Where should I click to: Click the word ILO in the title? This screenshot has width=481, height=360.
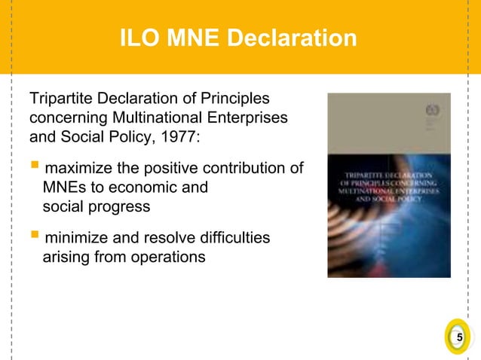tap(141, 38)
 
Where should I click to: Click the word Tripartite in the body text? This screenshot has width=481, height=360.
tap(60, 99)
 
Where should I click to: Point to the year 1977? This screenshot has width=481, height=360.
tap(179, 139)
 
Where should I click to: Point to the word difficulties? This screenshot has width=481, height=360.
tap(233, 238)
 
